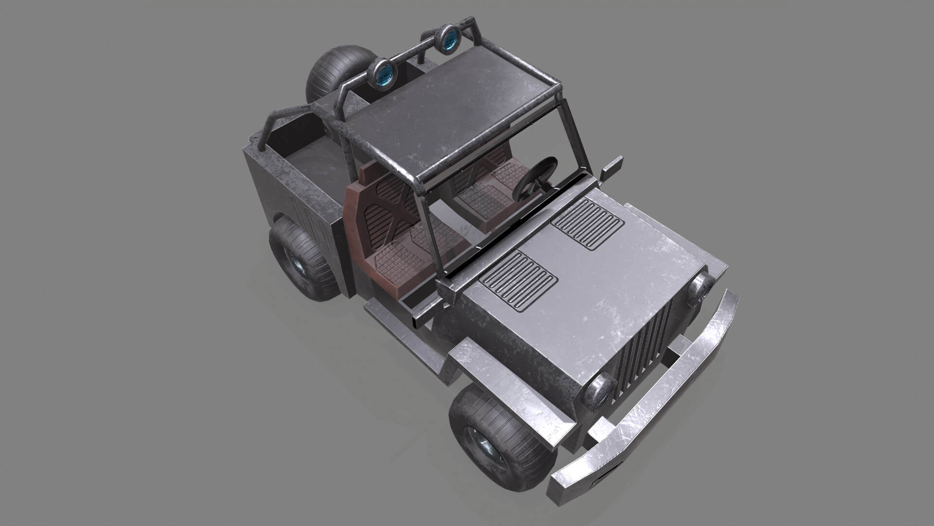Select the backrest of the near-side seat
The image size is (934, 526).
tap(384, 205)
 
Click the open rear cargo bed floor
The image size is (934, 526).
tap(311, 161)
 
